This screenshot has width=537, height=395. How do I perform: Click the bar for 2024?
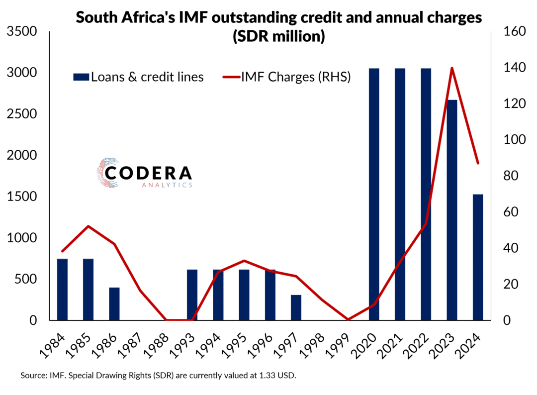(x=477, y=257)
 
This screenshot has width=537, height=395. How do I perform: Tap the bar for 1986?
(x=114, y=303)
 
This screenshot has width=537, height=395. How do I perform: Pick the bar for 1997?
(x=296, y=307)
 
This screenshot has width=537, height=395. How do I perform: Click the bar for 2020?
(x=374, y=194)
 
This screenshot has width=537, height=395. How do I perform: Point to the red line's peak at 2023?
(x=452, y=68)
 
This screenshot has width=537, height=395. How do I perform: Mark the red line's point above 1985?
(x=88, y=226)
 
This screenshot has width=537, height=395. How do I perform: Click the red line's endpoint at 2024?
(x=478, y=163)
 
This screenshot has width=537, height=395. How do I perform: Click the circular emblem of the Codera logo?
(x=107, y=173)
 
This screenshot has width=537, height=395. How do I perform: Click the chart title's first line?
(x=278, y=18)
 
